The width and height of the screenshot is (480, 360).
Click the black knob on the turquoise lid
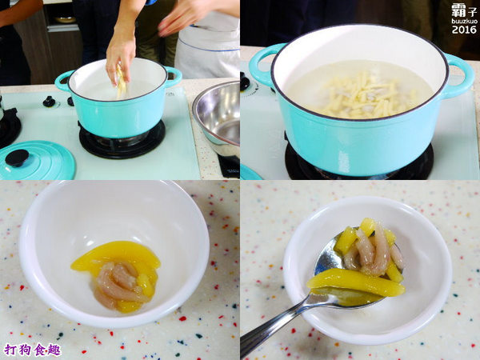tap(17, 158)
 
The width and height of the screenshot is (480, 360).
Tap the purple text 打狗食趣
tap(33, 350)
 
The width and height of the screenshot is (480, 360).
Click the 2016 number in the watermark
tap(464, 30)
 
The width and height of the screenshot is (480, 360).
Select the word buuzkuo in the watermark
tap(464, 21)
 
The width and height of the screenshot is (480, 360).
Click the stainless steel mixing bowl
tap(217, 119)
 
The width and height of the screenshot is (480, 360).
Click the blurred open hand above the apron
tap(184, 17)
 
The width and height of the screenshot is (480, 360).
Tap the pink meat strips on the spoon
tap(374, 251)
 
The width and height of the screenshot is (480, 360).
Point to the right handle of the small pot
tap(174, 76)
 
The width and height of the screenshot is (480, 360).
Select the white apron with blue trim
tap(207, 46)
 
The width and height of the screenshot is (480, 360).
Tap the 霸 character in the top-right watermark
tap(458, 10)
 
